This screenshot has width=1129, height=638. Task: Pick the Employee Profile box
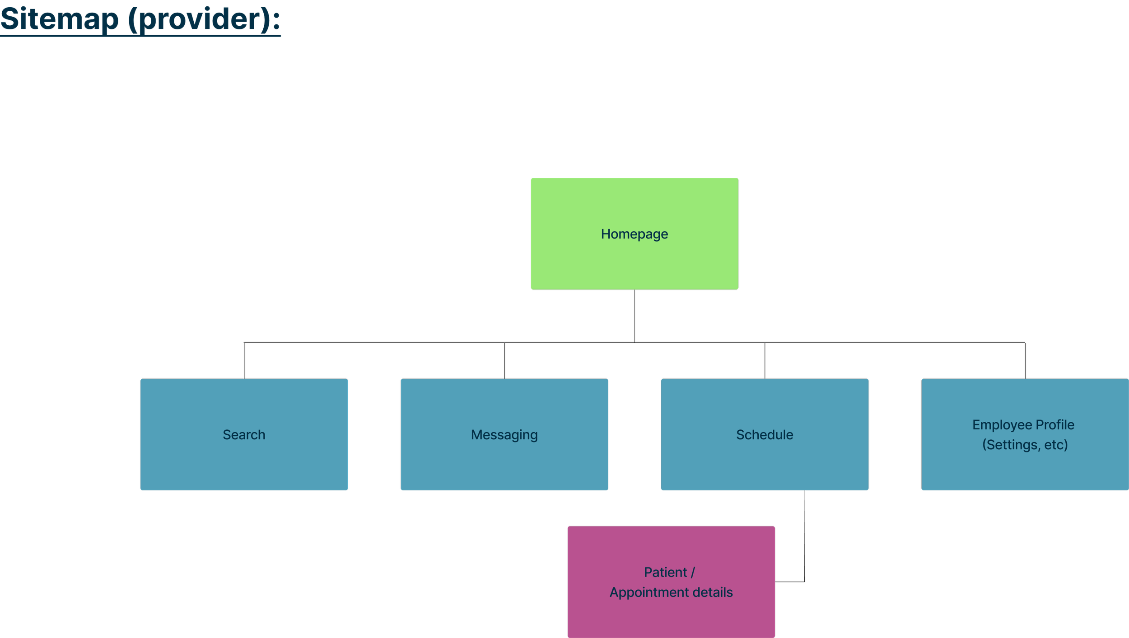(x=1025, y=470)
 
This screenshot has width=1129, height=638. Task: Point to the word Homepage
(x=634, y=234)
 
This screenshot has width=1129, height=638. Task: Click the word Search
(x=244, y=435)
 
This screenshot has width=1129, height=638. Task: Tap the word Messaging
(x=504, y=435)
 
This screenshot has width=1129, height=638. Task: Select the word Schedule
(x=765, y=435)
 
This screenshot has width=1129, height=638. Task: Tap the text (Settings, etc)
(x=1025, y=445)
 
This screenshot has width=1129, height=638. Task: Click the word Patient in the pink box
(x=665, y=573)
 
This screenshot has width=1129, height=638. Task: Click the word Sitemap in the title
(x=59, y=19)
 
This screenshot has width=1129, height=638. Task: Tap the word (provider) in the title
(x=199, y=19)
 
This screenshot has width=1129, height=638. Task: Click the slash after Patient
(x=693, y=573)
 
